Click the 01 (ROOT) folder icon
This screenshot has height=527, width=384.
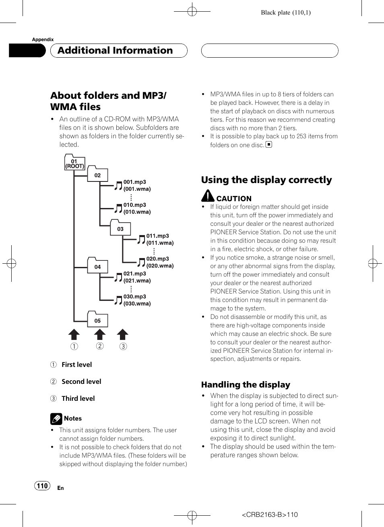coord(75,162)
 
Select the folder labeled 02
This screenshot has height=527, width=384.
coord(97,174)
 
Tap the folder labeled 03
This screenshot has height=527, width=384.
coord(120,227)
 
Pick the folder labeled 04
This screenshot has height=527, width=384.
coord(97,265)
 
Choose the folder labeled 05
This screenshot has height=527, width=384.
coord(97,319)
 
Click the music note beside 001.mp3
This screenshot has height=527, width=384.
coord(118,185)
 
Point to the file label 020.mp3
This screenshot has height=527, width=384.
coord(158,258)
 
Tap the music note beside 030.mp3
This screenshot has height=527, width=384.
coord(118,300)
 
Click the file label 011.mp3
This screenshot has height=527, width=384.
coord(158,236)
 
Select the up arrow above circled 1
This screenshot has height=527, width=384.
coord(74,334)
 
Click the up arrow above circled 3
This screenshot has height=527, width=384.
coord(123,334)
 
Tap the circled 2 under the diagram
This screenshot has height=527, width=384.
coord(100,346)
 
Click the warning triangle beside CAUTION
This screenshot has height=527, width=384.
coord(208,196)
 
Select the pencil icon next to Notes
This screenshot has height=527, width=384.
coord(56,419)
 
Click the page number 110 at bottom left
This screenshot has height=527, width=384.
coord(42,486)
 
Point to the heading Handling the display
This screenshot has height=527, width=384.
coord(246,385)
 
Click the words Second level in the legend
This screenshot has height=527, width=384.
coord(81,381)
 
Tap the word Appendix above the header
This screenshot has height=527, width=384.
coord(43,39)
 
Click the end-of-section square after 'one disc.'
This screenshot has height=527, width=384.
coord(269,144)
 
